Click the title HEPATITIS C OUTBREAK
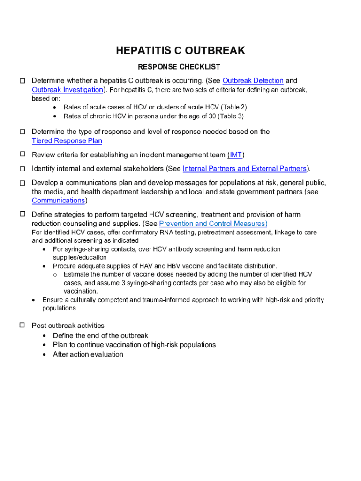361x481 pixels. [x=180, y=51]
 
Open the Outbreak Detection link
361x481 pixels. [x=253, y=81]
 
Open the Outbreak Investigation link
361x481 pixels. [x=68, y=90]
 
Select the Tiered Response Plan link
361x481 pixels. [x=67, y=141]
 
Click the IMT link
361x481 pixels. [x=235, y=155]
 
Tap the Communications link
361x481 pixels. [x=58, y=201]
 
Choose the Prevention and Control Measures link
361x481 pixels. [x=213, y=224]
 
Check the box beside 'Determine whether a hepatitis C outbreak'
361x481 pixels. [x=22, y=81]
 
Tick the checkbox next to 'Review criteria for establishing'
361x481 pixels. [x=22, y=155]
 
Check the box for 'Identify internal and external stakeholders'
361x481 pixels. [x=22, y=169]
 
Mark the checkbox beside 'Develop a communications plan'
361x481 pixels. [x=22, y=183]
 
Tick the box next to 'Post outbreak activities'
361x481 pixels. [x=22, y=325]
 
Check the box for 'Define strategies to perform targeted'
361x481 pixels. [x=22, y=214]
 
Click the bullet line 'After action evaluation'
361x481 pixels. [x=88, y=354]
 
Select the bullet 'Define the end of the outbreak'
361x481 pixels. [x=100, y=335]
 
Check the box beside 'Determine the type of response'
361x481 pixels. [x=22, y=131]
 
